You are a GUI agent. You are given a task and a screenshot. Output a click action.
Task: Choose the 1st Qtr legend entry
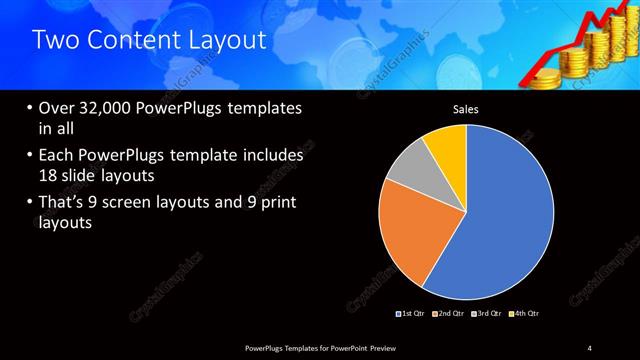(x=411, y=314)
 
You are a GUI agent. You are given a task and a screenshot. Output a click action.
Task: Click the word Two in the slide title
(x=53, y=41)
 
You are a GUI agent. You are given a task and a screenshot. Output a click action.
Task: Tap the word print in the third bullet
(x=274, y=204)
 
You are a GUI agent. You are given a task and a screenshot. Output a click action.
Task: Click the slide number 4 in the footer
(x=590, y=347)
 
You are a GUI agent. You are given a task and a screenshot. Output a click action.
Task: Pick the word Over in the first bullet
(x=57, y=109)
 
